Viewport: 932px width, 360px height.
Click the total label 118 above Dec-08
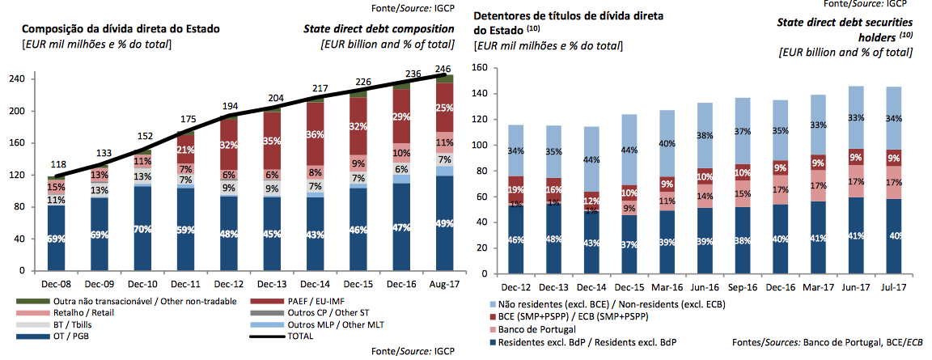click(58, 164)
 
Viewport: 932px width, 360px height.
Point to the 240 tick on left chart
click(15, 79)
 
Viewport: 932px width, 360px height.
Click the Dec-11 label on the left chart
click(184, 285)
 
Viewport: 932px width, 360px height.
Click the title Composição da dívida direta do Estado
click(121, 29)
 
